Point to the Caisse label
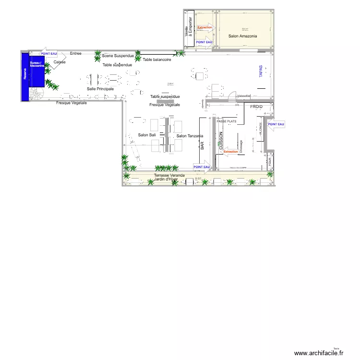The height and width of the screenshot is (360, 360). point(60,62)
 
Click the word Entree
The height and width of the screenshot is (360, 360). point(76,53)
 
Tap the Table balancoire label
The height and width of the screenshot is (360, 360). point(157,60)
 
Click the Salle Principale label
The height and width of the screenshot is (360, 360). point(100,89)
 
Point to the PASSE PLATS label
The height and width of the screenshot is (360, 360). point(227,121)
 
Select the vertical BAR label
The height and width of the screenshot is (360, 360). point(202,146)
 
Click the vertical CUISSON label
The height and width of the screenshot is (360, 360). point(221,142)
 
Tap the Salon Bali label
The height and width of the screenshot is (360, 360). point(147,135)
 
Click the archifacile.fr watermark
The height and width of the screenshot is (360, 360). point(319,353)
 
